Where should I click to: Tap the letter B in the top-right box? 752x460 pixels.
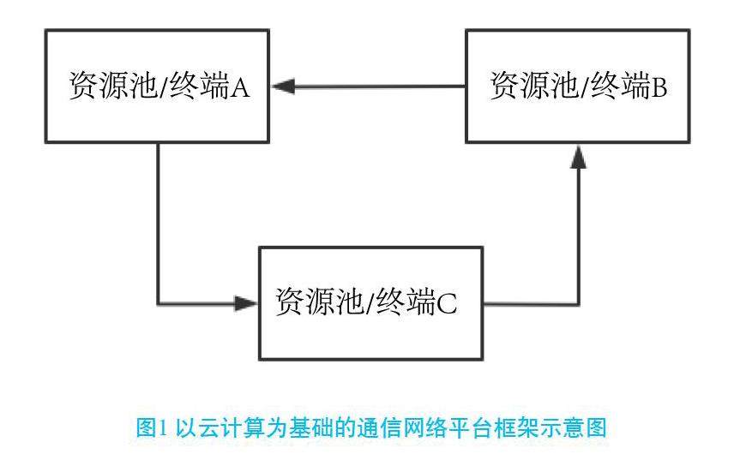[x=659, y=87]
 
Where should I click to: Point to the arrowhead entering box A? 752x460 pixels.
[x=284, y=86]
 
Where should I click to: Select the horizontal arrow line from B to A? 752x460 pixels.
[x=377, y=86]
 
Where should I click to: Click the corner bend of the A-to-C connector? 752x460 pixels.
[x=159, y=302]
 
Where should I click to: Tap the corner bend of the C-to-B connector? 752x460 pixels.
[x=579, y=302]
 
